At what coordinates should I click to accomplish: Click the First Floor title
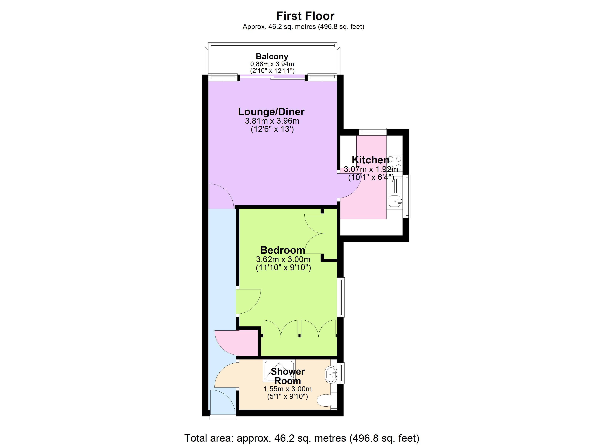pos(305,16)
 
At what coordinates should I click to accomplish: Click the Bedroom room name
pos(283,250)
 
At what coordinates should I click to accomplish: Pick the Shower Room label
pos(288,376)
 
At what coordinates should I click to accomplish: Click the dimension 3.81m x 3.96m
pos(272,121)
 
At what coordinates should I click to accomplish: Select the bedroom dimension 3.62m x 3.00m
pos(283,259)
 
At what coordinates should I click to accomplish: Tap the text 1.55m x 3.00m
pos(288,389)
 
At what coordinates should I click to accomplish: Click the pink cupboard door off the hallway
pos(237,343)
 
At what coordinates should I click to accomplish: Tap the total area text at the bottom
pos(302,438)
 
